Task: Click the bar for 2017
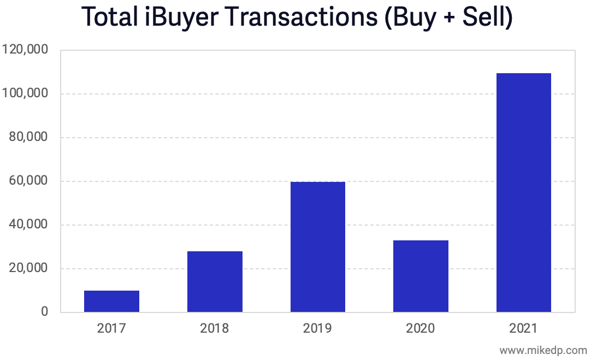click(x=111, y=301)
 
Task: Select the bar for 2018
click(x=215, y=281)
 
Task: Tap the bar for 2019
click(x=317, y=247)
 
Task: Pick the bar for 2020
click(x=421, y=276)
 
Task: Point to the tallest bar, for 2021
click(x=523, y=192)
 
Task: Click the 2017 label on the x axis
click(x=111, y=328)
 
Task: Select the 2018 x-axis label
click(x=215, y=328)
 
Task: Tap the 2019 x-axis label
click(x=317, y=328)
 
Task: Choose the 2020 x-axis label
click(x=421, y=328)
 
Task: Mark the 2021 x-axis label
click(x=523, y=328)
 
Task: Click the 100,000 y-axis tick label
click(x=26, y=93)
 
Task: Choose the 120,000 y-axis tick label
click(x=26, y=50)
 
